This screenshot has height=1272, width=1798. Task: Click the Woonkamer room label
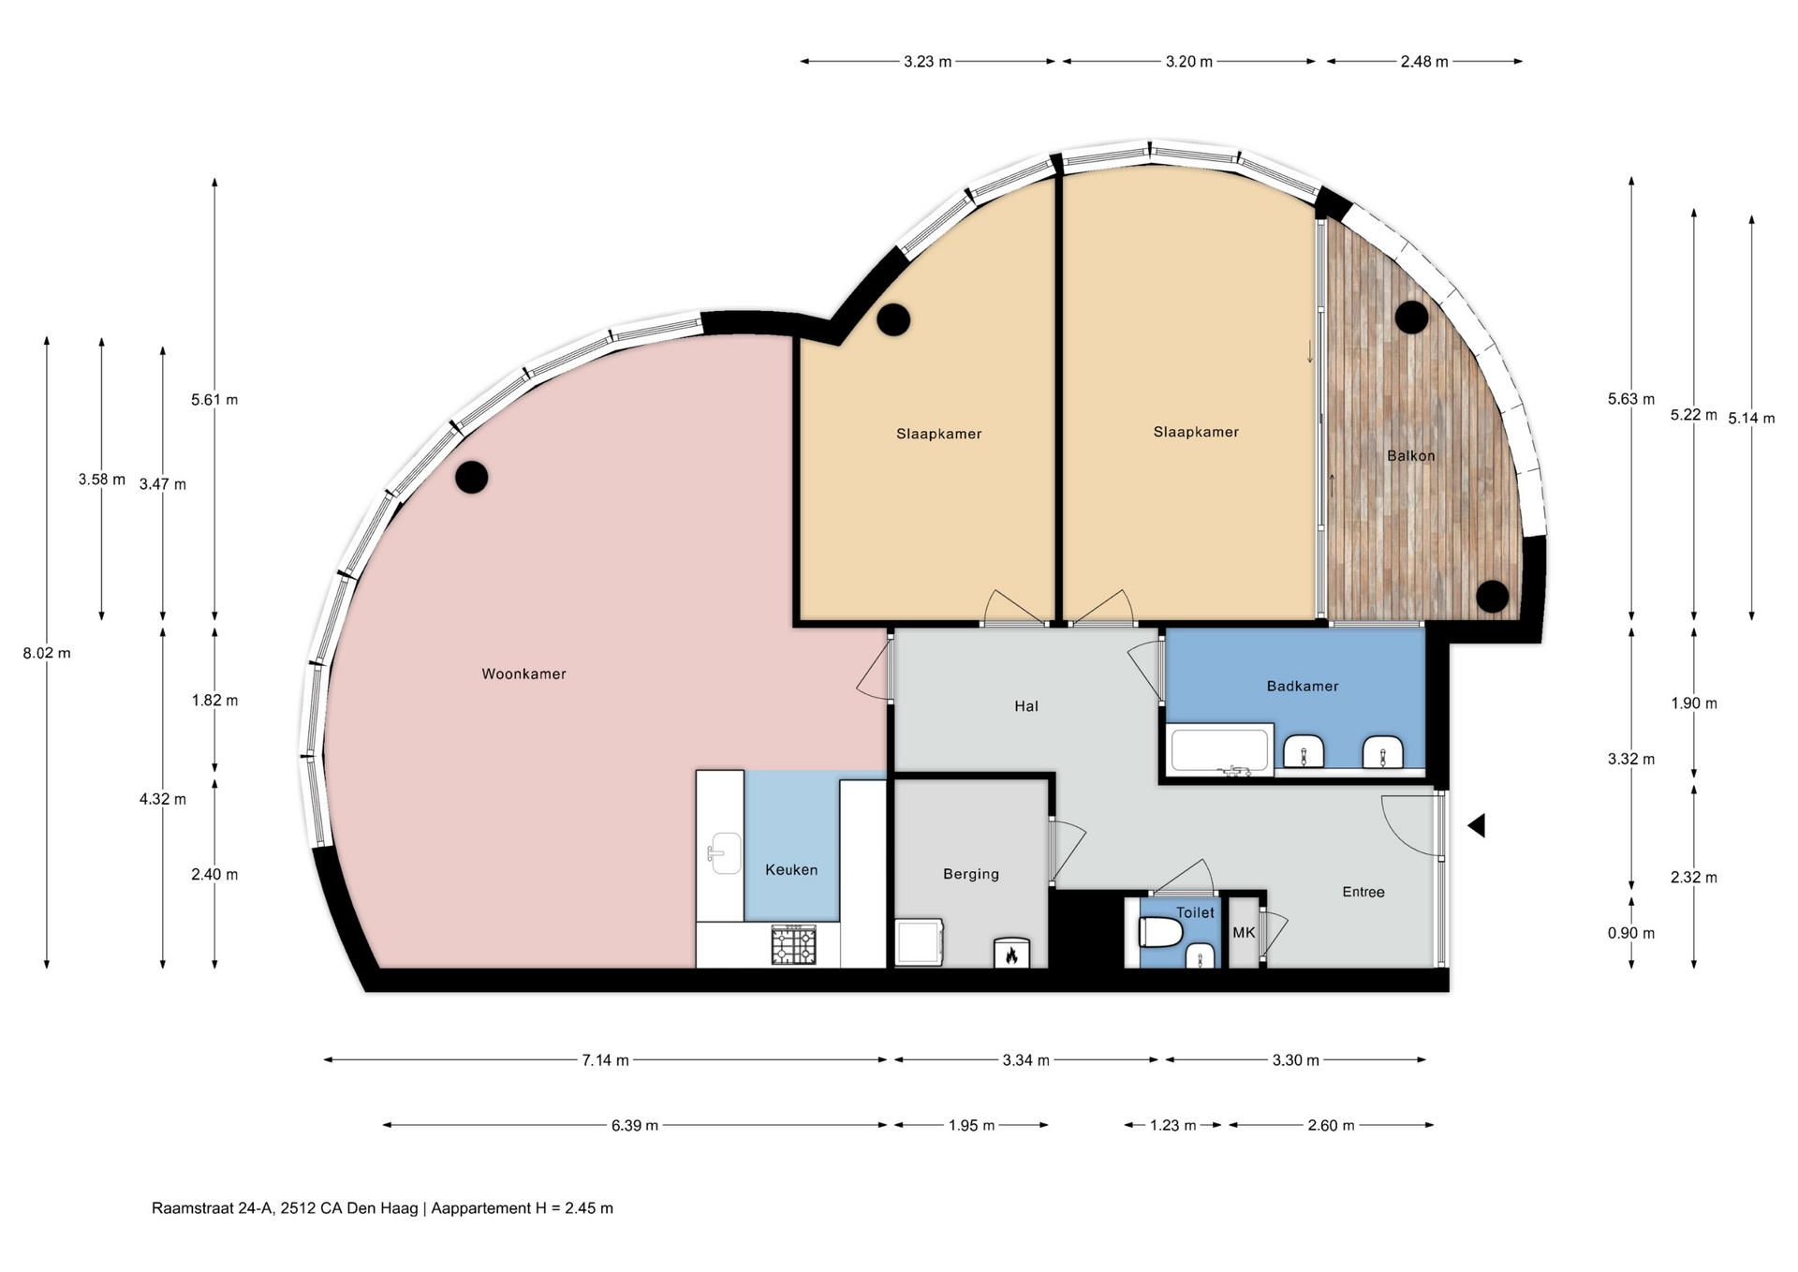click(523, 673)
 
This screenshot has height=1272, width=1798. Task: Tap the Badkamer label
click(1303, 686)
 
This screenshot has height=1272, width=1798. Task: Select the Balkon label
click(1410, 456)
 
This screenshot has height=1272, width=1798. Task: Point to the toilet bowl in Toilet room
click(1160, 933)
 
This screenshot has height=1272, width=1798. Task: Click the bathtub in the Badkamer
click(1219, 749)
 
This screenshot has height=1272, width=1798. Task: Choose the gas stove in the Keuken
click(793, 944)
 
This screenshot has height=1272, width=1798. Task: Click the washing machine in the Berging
click(919, 942)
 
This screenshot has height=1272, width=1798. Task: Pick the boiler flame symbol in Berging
click(1011, 954)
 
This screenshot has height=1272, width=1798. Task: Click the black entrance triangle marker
click(1477, 825)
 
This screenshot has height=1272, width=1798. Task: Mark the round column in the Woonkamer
click(471, 477)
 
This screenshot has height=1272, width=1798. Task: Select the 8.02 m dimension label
click(47, 653)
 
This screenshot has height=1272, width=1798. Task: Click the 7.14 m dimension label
click(605, 1060)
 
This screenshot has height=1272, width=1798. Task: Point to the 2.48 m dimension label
click(1424, 62)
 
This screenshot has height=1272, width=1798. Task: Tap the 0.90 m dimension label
click(1631, 933)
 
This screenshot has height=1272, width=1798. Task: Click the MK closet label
click(1244, 932)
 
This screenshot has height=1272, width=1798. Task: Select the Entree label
click(1363, 892)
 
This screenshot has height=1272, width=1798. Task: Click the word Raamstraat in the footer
click(193, 1208)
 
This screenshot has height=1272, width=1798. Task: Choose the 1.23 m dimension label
click(1172, 1125)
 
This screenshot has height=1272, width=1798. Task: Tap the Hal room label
click(1026, 706)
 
